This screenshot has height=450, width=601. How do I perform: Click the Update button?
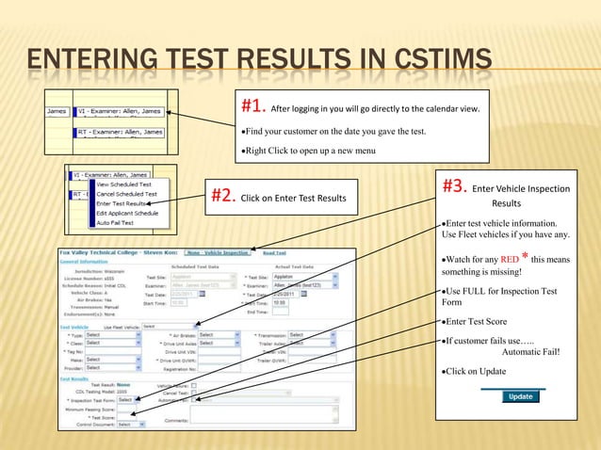click(520, 396)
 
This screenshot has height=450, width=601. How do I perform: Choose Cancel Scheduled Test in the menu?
click(127, 194)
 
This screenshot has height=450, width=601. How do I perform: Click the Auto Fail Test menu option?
click(116, 221)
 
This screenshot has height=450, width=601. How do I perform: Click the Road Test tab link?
click(275, 252)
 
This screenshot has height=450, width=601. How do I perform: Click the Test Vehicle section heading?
click(67, 326)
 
